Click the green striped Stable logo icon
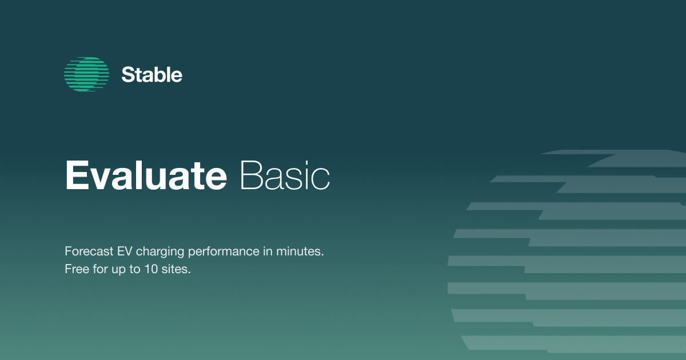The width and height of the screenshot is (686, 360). click(86, 74)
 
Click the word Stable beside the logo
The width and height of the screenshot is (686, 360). click(152, 75)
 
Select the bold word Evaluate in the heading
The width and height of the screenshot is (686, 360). click(146, 175)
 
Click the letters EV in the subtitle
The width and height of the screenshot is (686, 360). click(124, 251)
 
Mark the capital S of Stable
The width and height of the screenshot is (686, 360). click(127, 75)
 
